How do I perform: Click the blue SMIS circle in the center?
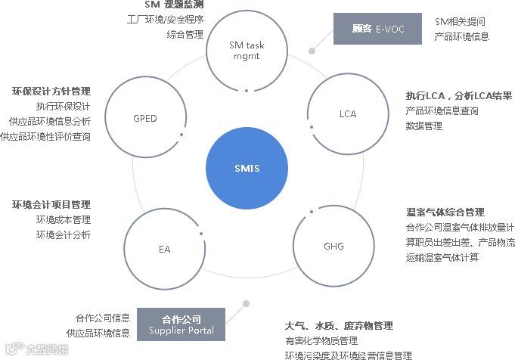(x=247, y=168)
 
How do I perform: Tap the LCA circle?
(x=347, y=114)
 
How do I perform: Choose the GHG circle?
(x=334, y=247)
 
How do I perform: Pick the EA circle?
(x=165, y=247)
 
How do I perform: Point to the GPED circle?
(x=145, y=119)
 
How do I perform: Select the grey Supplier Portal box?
(x=181, y=324)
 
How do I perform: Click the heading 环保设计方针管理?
(x=51, y=92)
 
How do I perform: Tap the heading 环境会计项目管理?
(x=51, y=205)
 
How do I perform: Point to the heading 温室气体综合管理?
(x=445, y=213)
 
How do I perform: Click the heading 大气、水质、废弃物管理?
(x=339, y=326)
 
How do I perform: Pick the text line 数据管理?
(x=423, y=126)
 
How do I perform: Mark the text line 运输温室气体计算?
(x=442, y=258)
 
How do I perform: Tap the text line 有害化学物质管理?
(x=317, y=341)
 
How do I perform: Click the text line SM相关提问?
(x=460, y=21)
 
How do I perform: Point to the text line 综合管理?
(x=185, y=35)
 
